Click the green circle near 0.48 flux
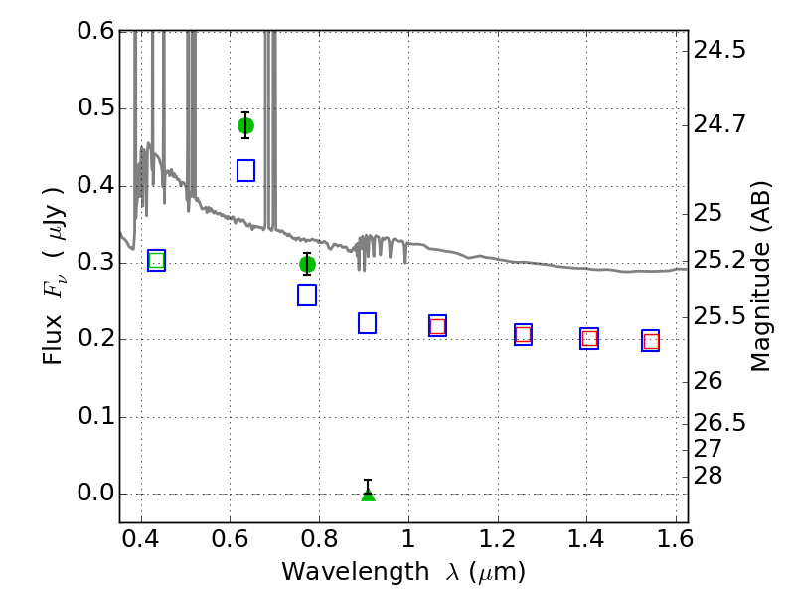coord(245,126)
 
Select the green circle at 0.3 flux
coord(307,264)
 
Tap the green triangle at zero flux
coord(368,495)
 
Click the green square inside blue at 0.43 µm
coord(157,261)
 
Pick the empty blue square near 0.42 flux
coord(245,170)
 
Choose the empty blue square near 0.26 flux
coord(307,295)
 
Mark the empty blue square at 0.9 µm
coord(367,323)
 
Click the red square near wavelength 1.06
coord(437,326)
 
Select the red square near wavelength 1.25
coord(524,335)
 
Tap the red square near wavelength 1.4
coord(589,338)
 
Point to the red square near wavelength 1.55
coord(651,341)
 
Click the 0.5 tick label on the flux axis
coord(95,107)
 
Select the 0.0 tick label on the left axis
coord(95,493)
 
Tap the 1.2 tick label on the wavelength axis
coord(497,539)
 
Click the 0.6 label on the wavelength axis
coord(230,539)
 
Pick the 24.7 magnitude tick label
coord(719,123)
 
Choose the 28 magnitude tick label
coord(708,476)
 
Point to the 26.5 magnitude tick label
coord(719,422)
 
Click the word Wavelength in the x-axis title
coord(356,572)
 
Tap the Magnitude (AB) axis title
coord(760,277)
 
